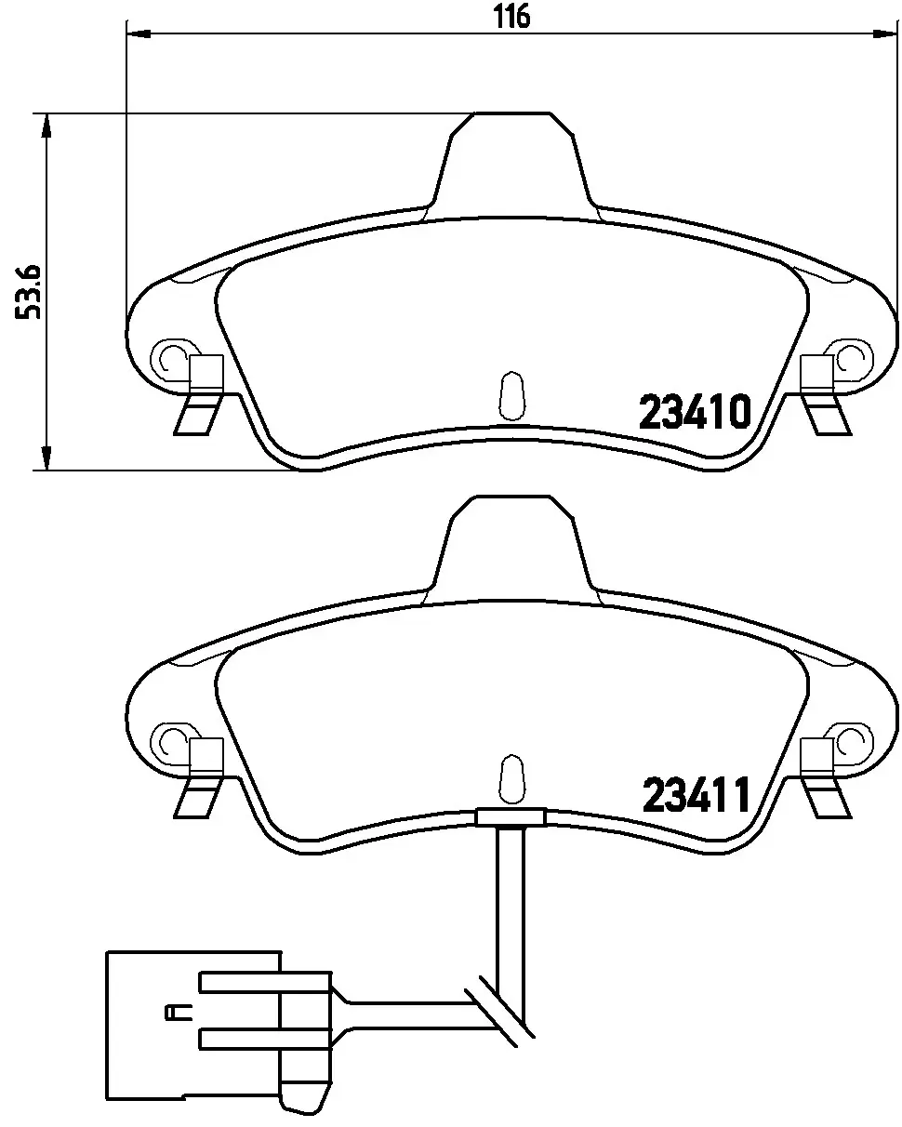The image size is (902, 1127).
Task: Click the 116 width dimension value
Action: (511, 16)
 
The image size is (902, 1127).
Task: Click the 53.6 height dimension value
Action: (28, 292)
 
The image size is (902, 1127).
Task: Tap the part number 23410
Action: (694, 412)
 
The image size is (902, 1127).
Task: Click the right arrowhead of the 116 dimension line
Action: (888, 35)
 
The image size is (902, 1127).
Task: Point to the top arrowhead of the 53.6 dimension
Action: (44, 125)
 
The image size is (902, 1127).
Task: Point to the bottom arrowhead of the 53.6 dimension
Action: (44, 459)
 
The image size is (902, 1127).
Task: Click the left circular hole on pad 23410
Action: (172, 358)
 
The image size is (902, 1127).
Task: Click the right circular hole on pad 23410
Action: (852, 358)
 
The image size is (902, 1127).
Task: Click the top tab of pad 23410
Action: (512, 158)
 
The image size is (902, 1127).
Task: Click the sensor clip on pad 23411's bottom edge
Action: (511, 816)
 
